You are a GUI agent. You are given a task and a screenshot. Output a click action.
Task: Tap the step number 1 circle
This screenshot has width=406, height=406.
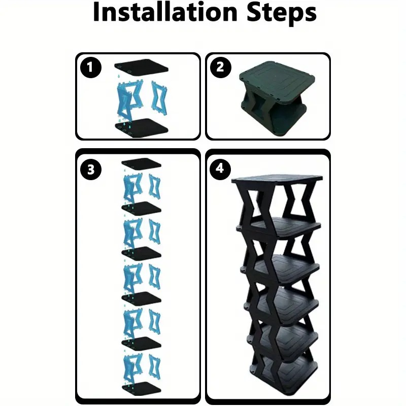(90, 67)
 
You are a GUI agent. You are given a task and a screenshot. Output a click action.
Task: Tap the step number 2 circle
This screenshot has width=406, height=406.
(220, 67)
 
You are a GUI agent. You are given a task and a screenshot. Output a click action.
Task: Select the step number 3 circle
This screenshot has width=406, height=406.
(90, 170)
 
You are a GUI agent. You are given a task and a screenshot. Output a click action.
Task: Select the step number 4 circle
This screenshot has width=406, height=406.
(220, 170)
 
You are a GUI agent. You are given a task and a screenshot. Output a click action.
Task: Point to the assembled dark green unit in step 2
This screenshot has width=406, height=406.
(277, 96)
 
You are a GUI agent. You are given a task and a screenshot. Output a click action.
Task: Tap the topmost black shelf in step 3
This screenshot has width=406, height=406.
(141, 163)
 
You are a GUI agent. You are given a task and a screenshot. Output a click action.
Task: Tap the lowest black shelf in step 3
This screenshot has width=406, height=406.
(141, 388)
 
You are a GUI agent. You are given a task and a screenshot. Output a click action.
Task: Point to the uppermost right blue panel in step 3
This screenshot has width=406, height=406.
(154, 186)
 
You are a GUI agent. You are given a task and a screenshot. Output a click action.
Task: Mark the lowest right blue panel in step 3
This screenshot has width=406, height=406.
(154, 367)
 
